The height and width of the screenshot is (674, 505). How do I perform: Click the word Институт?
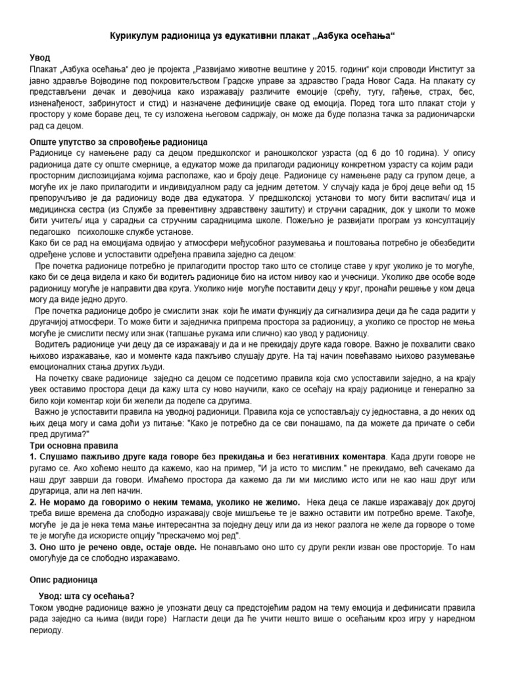click(441, 69)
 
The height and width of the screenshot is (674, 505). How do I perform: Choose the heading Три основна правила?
click(70, 445)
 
